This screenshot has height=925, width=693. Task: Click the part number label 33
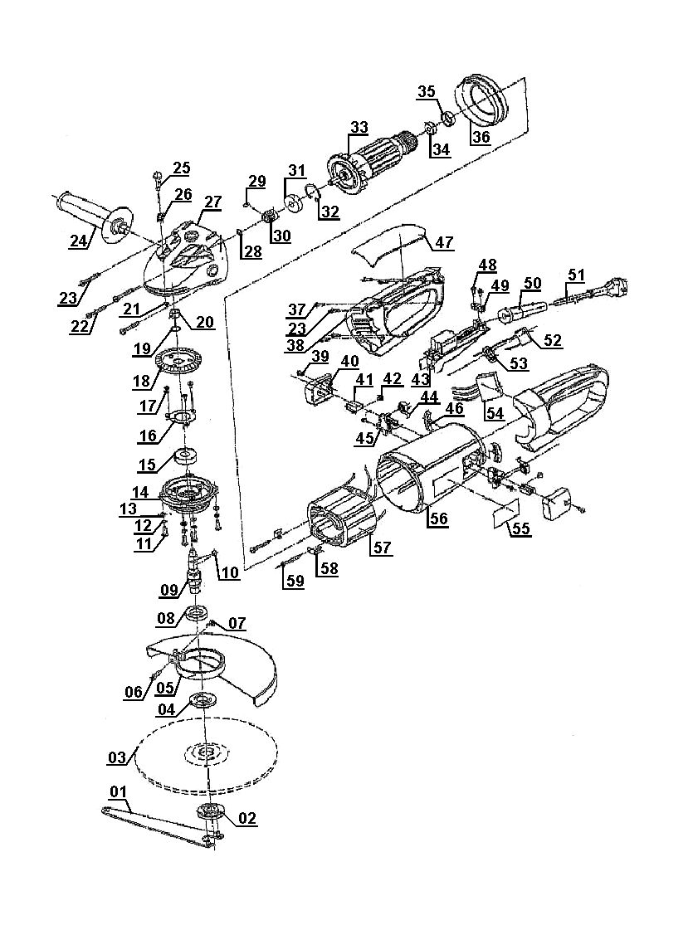(x=359, y=128)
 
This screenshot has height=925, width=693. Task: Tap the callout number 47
(x=444, y=242)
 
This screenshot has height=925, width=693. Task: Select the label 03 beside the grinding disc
(x=118, y=757)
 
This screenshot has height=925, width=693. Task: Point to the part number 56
(x=437, y=518)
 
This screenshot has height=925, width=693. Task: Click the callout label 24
(x=79, y=242)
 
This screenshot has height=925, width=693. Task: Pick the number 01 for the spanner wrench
(x=118, y=791)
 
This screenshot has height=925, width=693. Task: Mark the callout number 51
(x=576, y=275)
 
